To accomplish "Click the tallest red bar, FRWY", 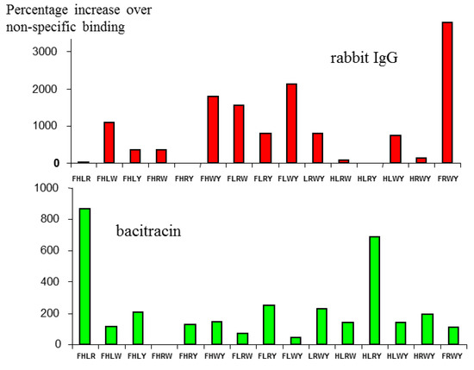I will [447, 92].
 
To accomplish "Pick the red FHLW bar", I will [109, 142].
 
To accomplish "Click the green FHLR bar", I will [84, 276].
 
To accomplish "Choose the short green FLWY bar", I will [296, 340].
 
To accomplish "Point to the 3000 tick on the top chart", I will [44, 52].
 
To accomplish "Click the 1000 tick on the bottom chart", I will [44, 188].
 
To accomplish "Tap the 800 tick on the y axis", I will [48, 219].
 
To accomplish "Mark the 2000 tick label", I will [44, 89].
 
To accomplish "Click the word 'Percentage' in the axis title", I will [41, 12].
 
